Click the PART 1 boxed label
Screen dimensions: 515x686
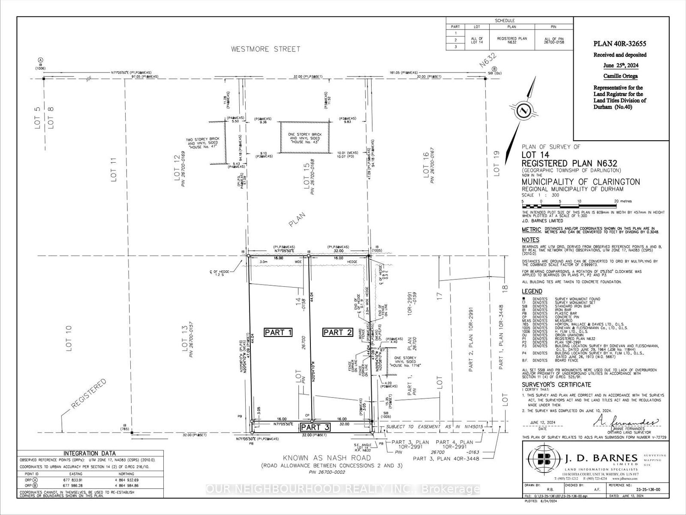278,332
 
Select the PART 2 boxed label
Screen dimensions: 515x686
337,332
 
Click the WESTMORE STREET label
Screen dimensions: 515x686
266,49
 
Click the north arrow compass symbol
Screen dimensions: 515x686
523,110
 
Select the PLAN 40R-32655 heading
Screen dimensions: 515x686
620,44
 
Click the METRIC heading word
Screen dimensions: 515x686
531,230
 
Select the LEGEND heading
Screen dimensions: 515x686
532,291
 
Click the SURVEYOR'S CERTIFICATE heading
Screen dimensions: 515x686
556,385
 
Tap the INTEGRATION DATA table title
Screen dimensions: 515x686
89,453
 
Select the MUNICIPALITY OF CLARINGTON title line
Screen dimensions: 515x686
581,182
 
